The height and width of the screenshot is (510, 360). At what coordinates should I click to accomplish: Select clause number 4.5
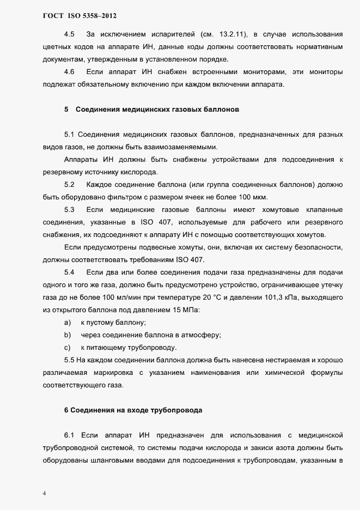point(69,34)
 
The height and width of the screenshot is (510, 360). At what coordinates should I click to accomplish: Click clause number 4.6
point(69,72)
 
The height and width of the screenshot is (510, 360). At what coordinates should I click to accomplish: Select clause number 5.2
point(69,185)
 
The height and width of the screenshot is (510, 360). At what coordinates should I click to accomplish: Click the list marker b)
point(68,335)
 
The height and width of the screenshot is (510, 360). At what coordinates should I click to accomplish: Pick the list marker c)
point(68,348)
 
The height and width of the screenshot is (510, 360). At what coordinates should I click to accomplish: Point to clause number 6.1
point(69,435)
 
